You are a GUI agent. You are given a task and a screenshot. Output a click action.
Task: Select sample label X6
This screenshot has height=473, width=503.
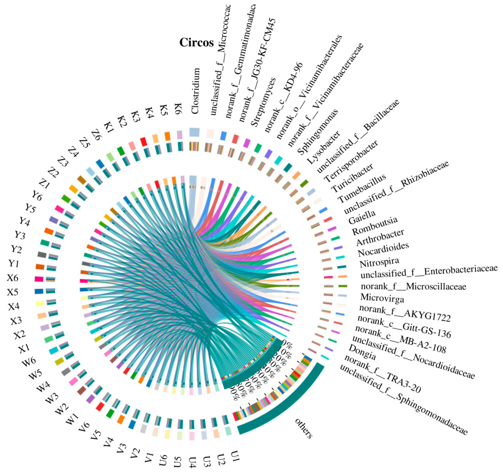point(13,278)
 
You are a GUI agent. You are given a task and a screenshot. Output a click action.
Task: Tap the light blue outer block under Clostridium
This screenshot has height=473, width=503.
point(194,132)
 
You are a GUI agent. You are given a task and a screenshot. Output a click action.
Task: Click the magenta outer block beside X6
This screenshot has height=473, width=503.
point(39,279)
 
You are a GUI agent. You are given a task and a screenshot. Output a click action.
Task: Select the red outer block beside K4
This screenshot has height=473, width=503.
point(144,141)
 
